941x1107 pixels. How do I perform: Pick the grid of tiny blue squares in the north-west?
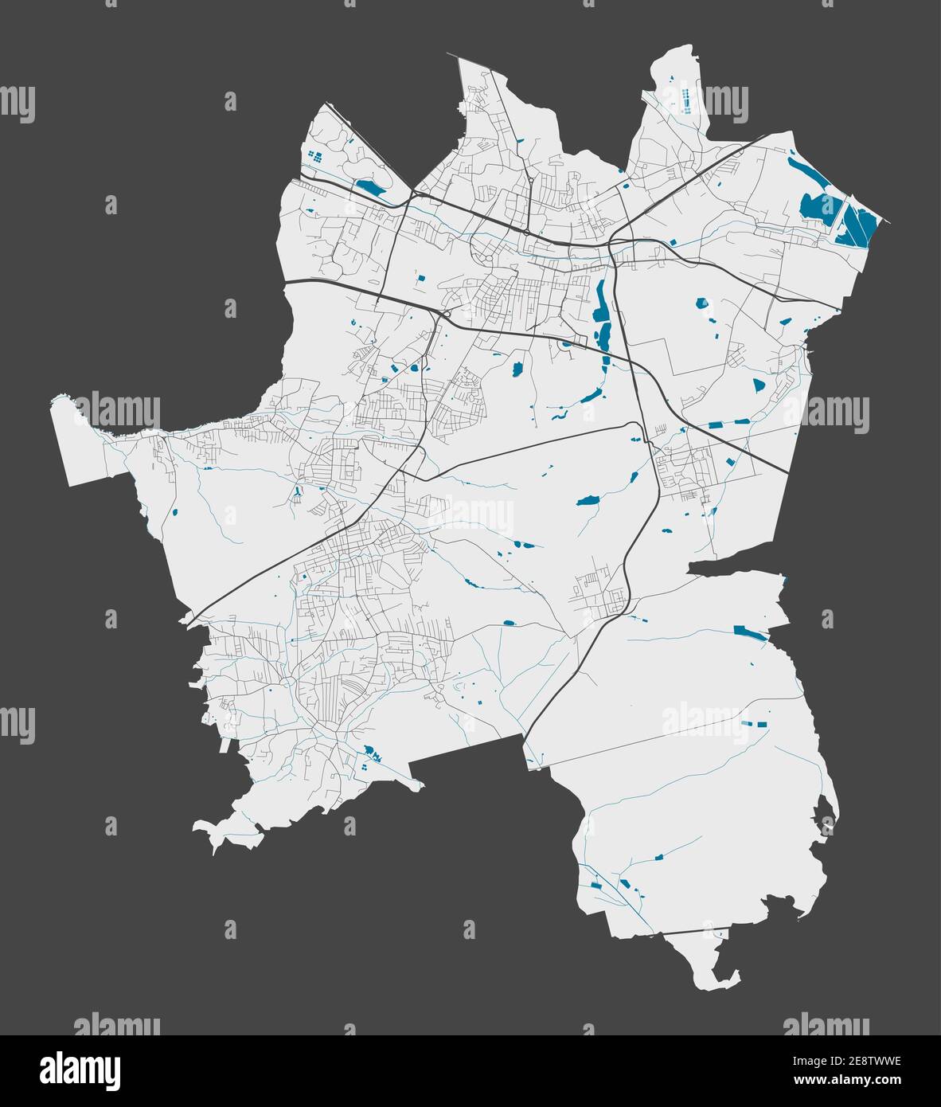click(316, 156)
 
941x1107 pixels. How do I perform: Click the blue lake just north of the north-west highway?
click(369, 188)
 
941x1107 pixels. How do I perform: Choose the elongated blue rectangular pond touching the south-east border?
click(748, 632)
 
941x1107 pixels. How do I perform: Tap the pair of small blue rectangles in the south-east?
click(753, 724)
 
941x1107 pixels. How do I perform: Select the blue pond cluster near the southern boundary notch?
click(370, 753)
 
